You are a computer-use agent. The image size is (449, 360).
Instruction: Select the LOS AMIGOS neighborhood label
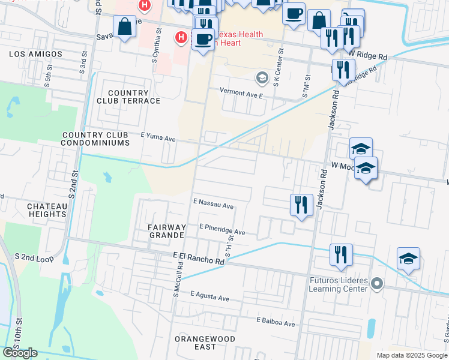[x=36, y=54]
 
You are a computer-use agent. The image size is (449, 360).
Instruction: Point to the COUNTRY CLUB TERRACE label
[x=128, y=97]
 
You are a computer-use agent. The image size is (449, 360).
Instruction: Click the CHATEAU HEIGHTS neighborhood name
[x=47, y=210]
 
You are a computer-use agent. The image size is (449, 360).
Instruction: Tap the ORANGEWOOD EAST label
[x=196, y=343]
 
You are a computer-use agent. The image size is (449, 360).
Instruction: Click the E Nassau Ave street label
[x=213, y=205]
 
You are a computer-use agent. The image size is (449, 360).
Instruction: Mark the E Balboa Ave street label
[x=276, y=323]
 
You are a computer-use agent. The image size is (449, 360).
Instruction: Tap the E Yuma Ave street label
[x=158, y=139]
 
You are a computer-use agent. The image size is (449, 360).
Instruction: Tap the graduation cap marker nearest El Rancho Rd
[x=408, y=259]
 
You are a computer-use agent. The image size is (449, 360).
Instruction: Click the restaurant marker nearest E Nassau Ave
[x=302, y=205]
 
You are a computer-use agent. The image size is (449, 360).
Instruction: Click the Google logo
[x=20, y=353]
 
